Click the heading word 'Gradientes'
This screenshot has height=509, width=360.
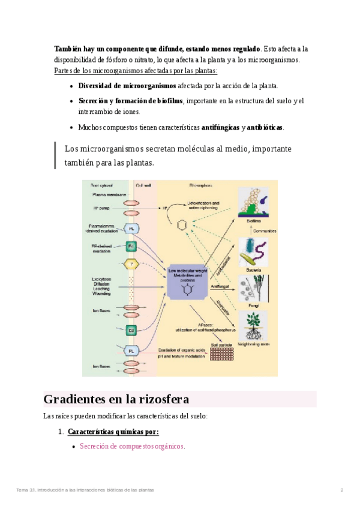click(75, 399)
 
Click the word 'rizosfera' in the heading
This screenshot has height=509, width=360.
click(162, 399)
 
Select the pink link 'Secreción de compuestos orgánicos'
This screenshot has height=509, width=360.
click(132, 446)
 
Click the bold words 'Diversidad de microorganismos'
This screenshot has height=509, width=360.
click(127, 86)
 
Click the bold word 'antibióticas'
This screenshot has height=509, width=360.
click(265, 127)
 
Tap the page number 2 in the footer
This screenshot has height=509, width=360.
click(342, 490)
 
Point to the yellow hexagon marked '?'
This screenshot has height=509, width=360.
click(131, 263)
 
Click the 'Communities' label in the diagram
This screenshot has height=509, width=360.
click(264, 230)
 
